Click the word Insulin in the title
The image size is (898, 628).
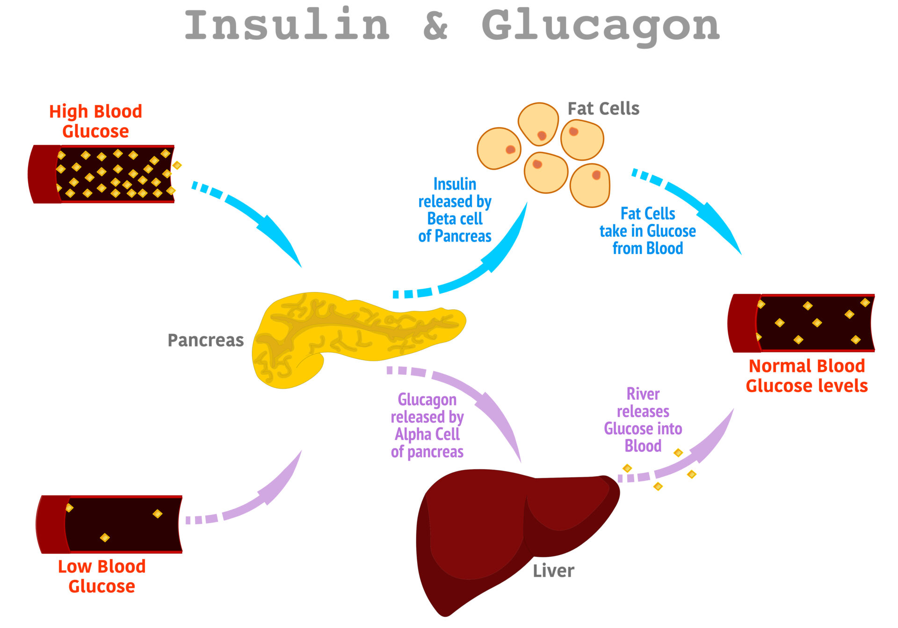point(287,25)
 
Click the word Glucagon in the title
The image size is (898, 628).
point(601,26)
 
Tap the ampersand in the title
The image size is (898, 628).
point(435,26)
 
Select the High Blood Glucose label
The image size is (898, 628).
point(95,121)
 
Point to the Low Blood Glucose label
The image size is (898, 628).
point(101,576)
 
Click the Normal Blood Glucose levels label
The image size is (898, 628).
point(806,376)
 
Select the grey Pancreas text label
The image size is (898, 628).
point(205,340)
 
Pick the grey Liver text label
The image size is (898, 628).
point(553,571)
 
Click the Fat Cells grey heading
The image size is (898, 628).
point(603,108)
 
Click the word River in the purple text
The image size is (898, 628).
point(643,394)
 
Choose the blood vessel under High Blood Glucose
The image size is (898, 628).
point(103,174)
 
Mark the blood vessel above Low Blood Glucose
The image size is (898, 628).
point(110,524)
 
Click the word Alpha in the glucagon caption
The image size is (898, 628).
point(412,435)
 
